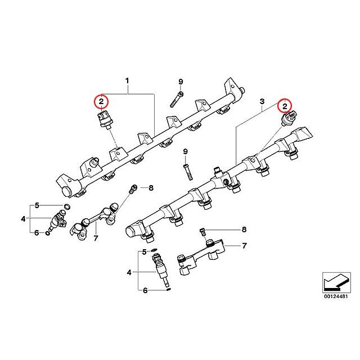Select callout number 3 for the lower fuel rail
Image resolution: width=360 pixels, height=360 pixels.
point(262,102)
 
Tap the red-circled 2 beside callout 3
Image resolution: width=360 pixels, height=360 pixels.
point(285,105)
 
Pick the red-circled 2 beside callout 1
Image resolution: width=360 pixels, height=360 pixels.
point(101,102)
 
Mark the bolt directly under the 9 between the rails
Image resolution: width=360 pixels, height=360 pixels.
point(186,168)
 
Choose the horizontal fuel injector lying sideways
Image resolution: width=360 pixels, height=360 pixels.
point(58,220)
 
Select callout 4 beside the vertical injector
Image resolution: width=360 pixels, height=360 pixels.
point(129,272)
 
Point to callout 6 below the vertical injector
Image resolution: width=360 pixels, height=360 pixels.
point(145,291)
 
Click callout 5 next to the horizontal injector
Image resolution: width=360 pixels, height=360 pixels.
point(38,205)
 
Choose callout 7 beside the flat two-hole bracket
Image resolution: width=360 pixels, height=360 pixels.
point(244,246)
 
